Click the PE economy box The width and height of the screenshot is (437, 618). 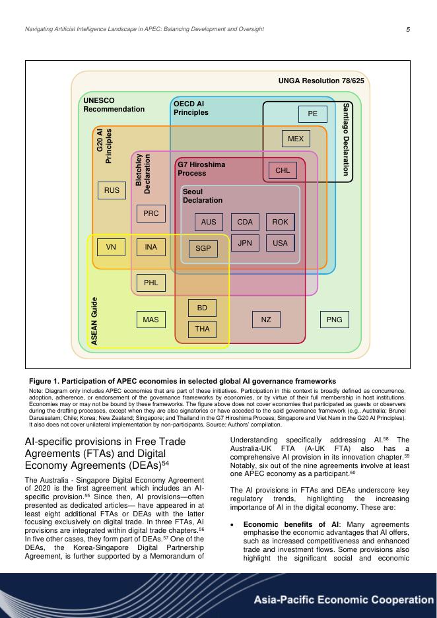pos(313,114)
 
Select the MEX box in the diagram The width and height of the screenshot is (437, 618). pos(296,139)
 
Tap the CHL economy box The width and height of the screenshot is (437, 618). pos(283,170)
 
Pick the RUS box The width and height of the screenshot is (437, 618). pos(112,190)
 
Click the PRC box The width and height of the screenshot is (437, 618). pos(151,213)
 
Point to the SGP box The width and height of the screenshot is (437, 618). pos(203,248)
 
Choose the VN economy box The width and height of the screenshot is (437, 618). pos(111,247)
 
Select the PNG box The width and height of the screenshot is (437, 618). pos(335,320)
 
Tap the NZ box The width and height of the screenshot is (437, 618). pos(266,320)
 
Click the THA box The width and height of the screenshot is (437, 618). pos(203,328)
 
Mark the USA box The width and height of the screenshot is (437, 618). pos(281,243)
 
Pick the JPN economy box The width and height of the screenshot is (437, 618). pos(245,243)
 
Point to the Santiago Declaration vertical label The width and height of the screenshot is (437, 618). pos(347,139)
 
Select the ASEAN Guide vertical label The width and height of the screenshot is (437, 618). pos(94,321)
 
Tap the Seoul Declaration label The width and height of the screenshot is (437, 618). pos(203,196)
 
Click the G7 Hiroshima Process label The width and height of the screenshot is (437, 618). pos(201,168)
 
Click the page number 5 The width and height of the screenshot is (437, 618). pos(408,29)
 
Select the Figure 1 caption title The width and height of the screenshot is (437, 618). pos(182,381)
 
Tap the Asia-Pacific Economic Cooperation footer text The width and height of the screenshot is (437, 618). pos(344,600)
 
